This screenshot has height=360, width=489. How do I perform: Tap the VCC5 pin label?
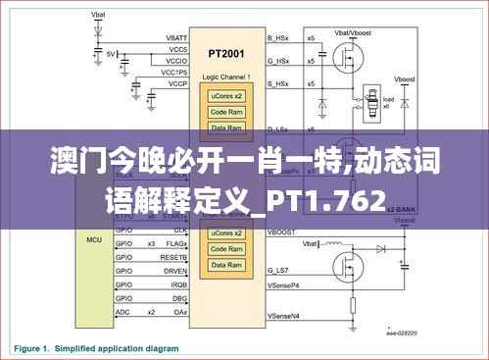[178, 49]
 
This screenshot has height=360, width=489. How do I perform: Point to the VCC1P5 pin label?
[174, 73]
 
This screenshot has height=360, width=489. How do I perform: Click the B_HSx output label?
[278, 37]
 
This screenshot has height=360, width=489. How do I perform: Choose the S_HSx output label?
[278, 83]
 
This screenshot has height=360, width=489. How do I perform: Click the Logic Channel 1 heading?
[227, 76]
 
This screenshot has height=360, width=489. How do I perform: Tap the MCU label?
[94, 239]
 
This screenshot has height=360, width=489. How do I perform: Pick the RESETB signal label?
[175, 257]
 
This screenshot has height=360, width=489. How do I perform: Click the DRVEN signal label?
[175, 270]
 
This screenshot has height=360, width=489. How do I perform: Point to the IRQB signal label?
[177, 283]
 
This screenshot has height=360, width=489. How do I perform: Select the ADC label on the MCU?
[122, 311]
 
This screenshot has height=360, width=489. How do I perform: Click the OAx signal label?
[180, 311]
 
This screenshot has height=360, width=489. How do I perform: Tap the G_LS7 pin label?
[279, 270]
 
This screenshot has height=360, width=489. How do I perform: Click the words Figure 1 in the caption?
[33, 347]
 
